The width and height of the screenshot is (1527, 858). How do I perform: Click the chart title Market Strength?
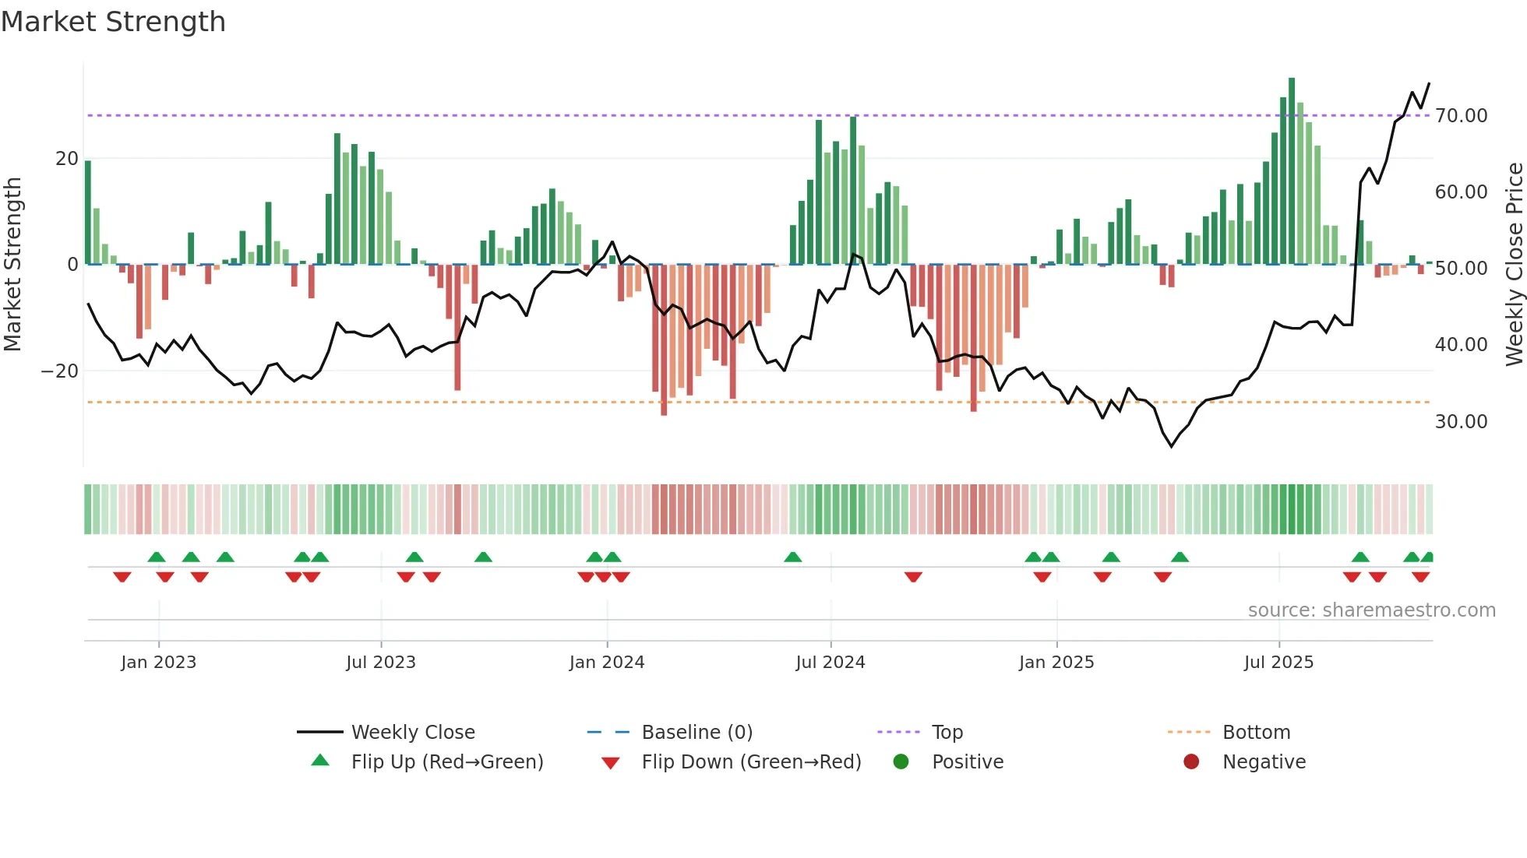113,22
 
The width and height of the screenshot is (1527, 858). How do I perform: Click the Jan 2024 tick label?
607,663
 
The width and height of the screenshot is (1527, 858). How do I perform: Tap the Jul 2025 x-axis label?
1278,663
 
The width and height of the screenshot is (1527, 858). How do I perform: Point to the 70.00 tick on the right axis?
1461,116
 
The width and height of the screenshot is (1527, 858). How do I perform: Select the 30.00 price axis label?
1461,422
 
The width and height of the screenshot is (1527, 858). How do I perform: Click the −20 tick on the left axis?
60,371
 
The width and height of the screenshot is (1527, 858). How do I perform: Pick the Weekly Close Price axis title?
1514,265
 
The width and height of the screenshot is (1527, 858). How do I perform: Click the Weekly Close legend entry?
412,733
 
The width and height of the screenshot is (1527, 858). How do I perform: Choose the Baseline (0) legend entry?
696,733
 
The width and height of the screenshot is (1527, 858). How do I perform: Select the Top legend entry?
947,733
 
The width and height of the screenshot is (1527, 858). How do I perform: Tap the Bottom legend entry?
1256,733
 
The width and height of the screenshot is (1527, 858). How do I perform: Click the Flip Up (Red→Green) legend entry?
446,762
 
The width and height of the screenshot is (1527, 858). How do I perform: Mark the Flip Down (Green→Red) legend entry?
751,762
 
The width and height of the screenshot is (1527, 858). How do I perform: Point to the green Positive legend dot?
901,762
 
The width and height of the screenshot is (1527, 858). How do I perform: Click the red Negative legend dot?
1191,762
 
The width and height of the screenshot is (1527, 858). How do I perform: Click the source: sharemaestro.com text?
1371,610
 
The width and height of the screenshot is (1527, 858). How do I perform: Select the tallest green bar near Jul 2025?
1292,171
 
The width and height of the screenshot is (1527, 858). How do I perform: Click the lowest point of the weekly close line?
1171,446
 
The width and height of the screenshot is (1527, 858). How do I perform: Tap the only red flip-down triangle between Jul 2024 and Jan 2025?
914,577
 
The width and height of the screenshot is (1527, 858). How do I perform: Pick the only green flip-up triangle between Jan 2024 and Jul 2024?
793,557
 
